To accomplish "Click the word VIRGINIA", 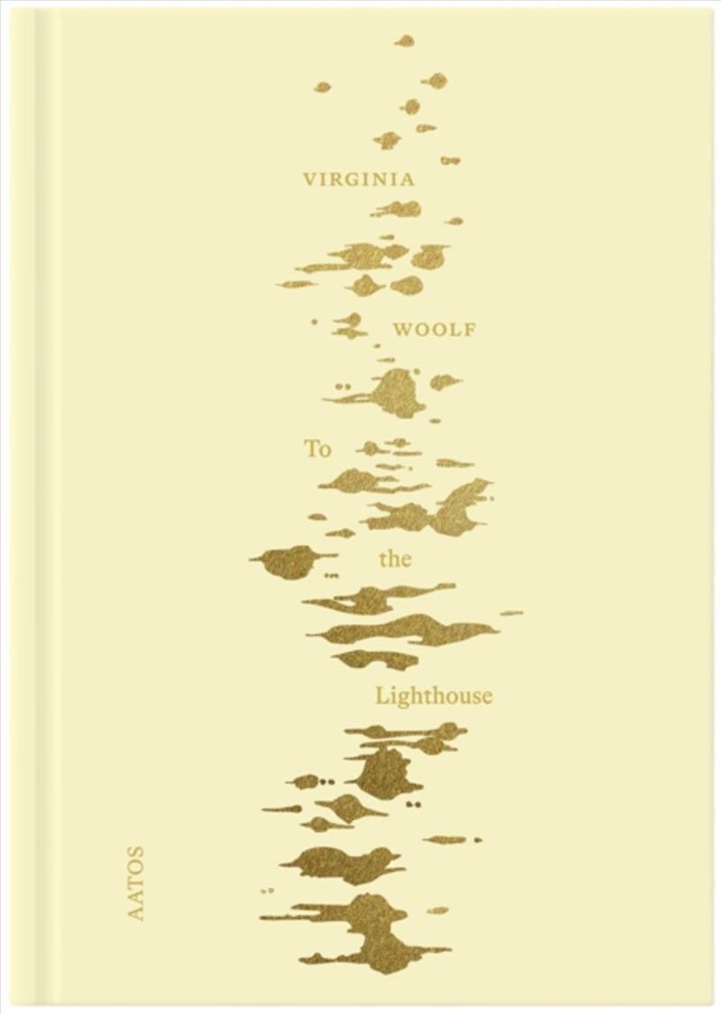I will pyautogui.click(x=360, y=178).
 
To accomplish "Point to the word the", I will pyautogui.click(x=395, y=560).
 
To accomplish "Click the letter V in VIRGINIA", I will pyautogui.click(x=312, y=178).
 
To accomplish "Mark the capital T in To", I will pyautogui.click(x=311, y=448).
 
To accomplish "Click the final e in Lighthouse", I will pyautogui.click(x=487, y=697).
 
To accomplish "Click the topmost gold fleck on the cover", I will pyautogui.click(x=406, y=41).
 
